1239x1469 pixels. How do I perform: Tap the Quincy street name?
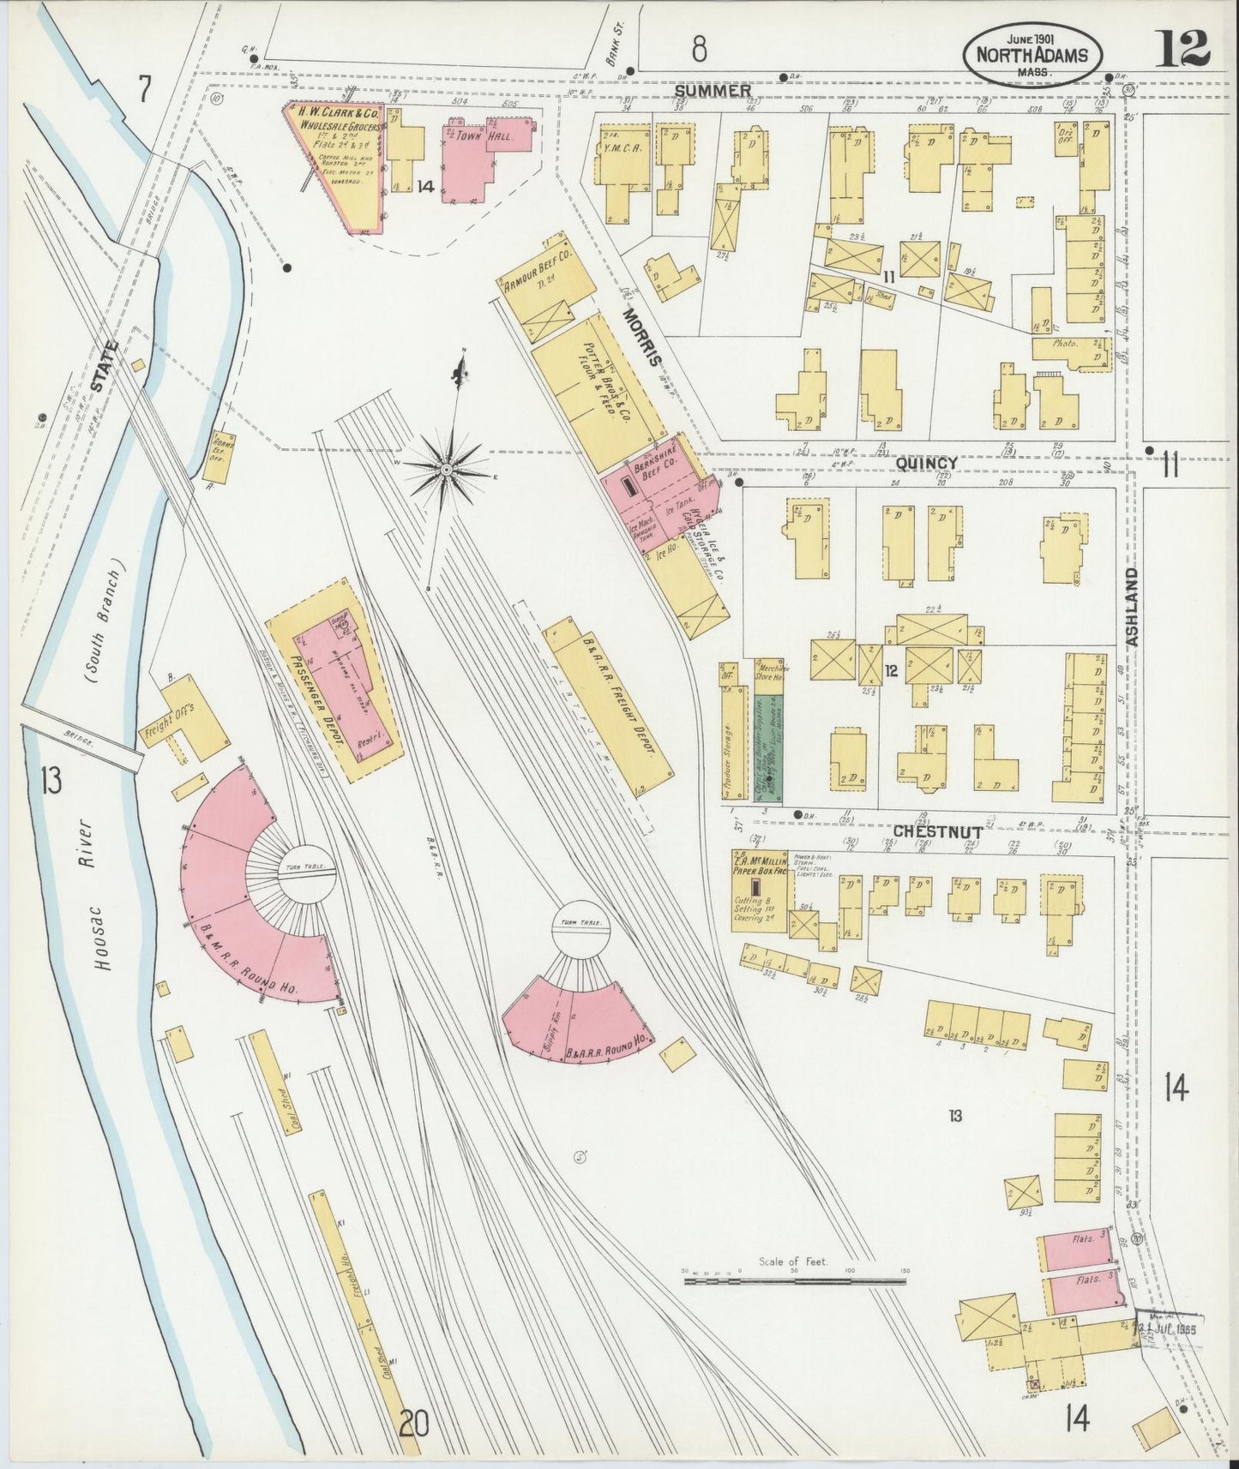tap(927, 463)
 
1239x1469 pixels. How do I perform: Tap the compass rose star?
tap(447, 470)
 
